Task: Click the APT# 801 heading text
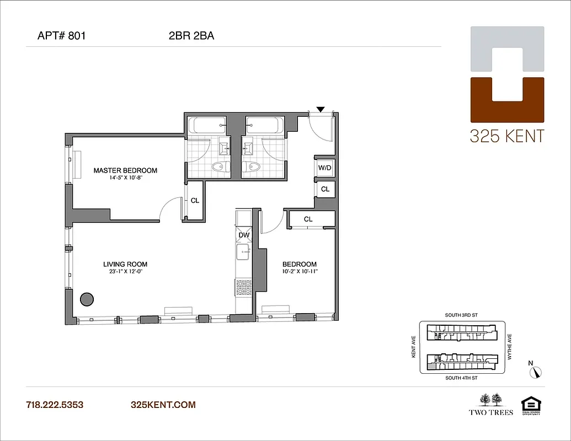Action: pyautogui.click(x=61, y=37)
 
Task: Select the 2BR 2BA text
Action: pyautogui.click(x=191, y=37)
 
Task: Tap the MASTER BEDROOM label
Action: pyautogui.click(x=125, y=170)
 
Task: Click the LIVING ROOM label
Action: pyautogui.click(x=125, y=264)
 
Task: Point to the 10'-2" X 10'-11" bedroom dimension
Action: pyautogui.click(x=300, y=272)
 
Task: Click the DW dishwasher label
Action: pyautogui.click(x=244, y=235)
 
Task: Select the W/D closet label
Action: pyautogui.click(x=325, y=168)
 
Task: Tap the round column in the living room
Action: pyautogui.click(x=87, y=299)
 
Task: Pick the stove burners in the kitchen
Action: pyautogui.click(x=243, y=287)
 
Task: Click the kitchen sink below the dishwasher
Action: pyautogui.click(x=243, y=253)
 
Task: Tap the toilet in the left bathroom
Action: pyautogui.click(x=221, y=167)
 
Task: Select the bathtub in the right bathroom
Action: pyautogui.click(x=264, y=125)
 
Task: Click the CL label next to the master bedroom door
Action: pyautogui.click(x=195, y=201)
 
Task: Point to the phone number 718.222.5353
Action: pyautogui.click(x=55, y=405)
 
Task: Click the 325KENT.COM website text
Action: pyautogui.click(x=163, y=405)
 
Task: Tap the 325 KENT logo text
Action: pyautogui.click(x=506, y=136)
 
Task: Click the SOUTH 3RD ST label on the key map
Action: pyautogui.click(x=461, y=315)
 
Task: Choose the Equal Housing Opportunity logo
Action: pyautogui.click(x=531, y=404)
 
